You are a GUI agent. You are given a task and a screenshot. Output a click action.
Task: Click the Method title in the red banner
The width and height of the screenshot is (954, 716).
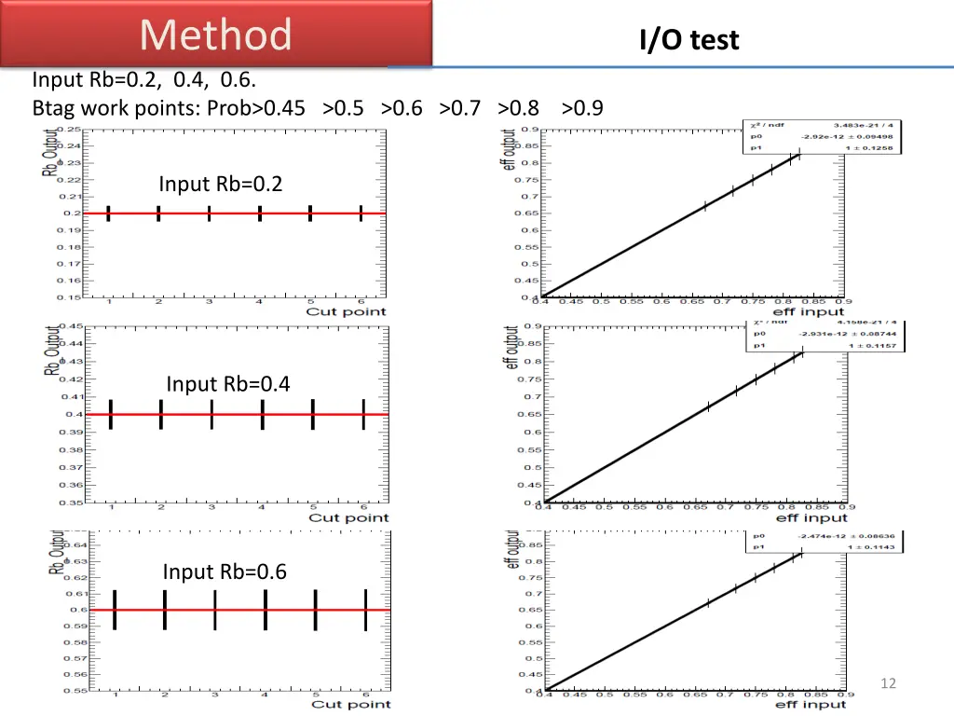216,34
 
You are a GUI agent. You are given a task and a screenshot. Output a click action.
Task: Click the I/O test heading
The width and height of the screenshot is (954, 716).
688,40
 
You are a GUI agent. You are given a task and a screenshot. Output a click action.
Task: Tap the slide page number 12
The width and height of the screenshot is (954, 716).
888,683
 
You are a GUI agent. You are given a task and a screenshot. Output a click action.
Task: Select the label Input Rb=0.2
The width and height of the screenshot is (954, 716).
220,184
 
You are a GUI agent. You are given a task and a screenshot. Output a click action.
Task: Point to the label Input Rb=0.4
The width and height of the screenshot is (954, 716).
228,383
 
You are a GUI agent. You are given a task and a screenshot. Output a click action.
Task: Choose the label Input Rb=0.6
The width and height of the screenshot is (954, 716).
225,571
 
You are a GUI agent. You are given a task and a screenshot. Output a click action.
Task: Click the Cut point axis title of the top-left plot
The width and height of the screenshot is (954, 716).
346,311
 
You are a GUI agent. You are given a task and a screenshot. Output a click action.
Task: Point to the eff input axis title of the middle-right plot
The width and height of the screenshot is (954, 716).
811,517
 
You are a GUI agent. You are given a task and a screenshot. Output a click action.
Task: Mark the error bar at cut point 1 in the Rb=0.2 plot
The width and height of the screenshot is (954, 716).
109,213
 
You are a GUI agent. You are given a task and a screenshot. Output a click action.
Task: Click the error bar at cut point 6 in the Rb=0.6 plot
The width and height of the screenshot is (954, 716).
366,610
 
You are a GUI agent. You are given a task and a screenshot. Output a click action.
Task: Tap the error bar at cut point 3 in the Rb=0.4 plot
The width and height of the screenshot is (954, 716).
211,414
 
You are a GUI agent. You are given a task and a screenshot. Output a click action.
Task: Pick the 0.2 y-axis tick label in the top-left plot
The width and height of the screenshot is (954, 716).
71,213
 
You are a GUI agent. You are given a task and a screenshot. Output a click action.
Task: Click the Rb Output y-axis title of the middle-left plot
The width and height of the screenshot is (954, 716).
51,350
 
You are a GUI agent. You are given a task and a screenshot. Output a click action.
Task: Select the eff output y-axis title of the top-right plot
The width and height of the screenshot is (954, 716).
509,148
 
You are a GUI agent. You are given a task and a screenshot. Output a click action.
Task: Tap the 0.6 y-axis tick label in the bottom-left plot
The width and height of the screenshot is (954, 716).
76,610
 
